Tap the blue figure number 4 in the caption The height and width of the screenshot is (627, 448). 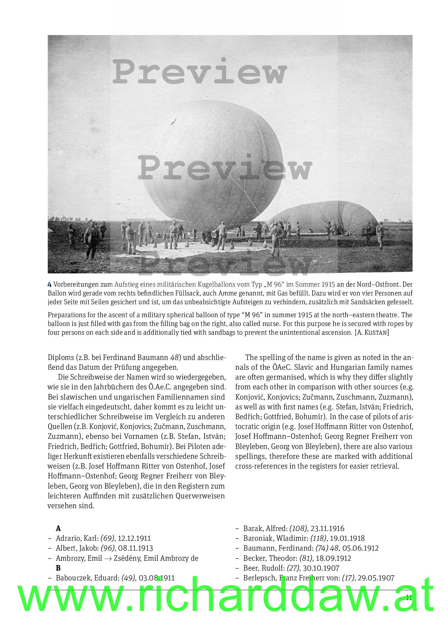[x=50, y=284]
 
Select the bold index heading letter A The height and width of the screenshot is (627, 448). [x=58, y=529]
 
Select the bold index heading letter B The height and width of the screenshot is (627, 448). [x=58, y=568]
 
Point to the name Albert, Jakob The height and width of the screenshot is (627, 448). [x=77, y=548]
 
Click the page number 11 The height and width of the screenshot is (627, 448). [x=409, y=598]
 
